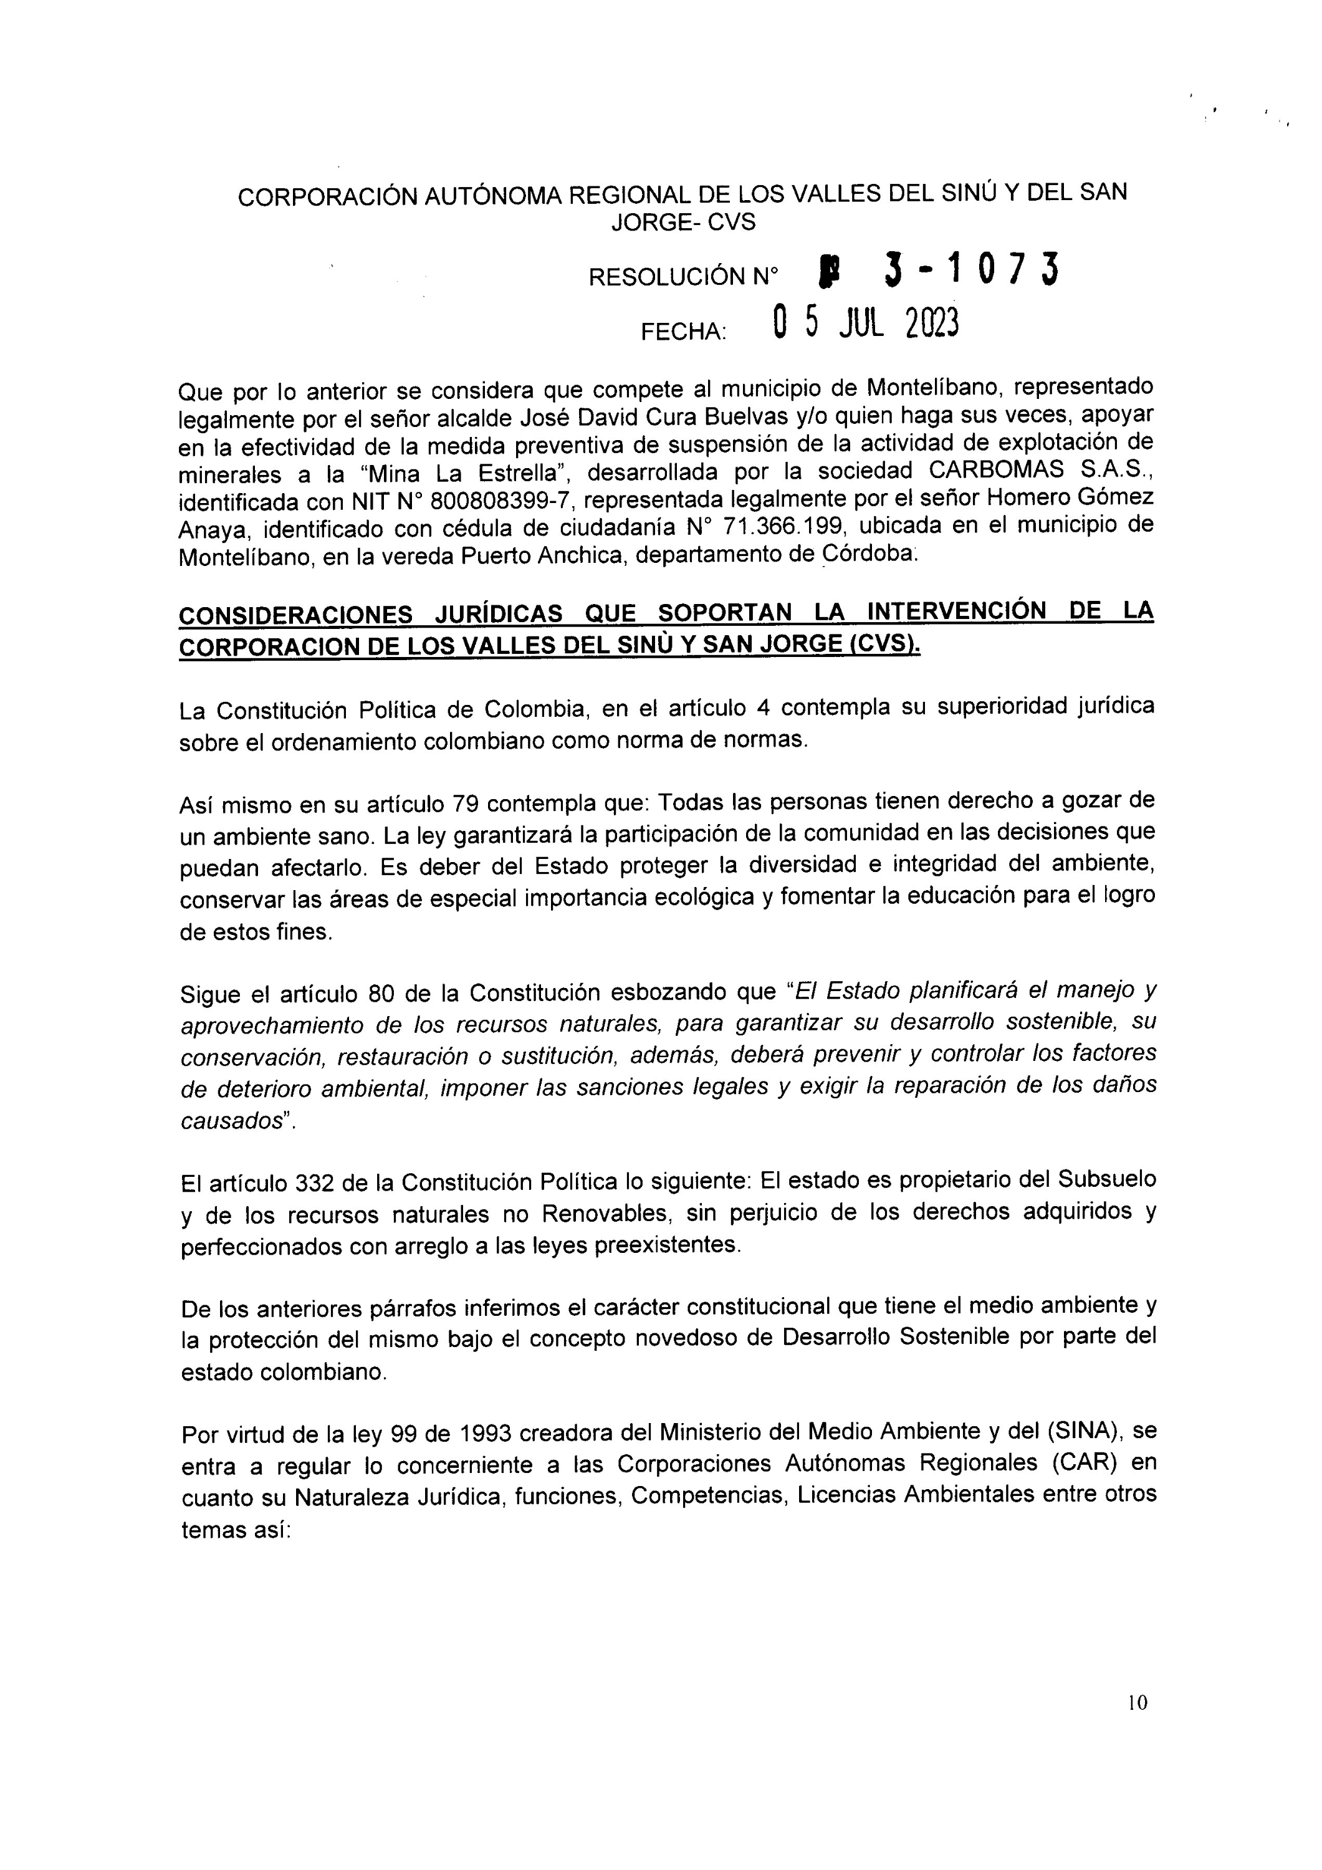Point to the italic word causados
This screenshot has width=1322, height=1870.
pos(231,1121)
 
